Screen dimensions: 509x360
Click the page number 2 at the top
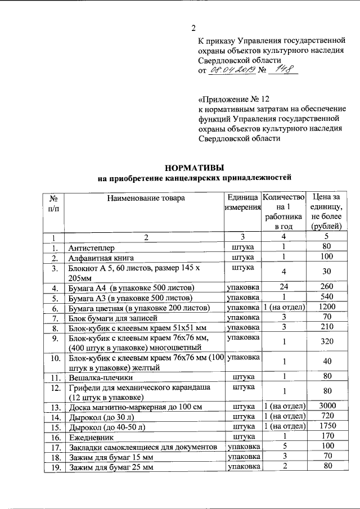coord(193,29)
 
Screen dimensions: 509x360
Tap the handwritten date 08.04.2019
coord(232,70)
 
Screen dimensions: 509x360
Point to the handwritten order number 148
coord(281,70)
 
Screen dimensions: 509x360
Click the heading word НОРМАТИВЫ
coord(193,168)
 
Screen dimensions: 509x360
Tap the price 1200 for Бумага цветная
coord(326,308)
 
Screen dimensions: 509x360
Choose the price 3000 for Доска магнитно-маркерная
coord(326,406)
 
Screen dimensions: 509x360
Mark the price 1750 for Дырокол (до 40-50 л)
coord(326,426)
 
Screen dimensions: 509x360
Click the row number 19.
coord(55,466)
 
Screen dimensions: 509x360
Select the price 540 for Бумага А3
coord(326,298)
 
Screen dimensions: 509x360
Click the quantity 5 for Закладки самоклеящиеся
coord(284,446)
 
